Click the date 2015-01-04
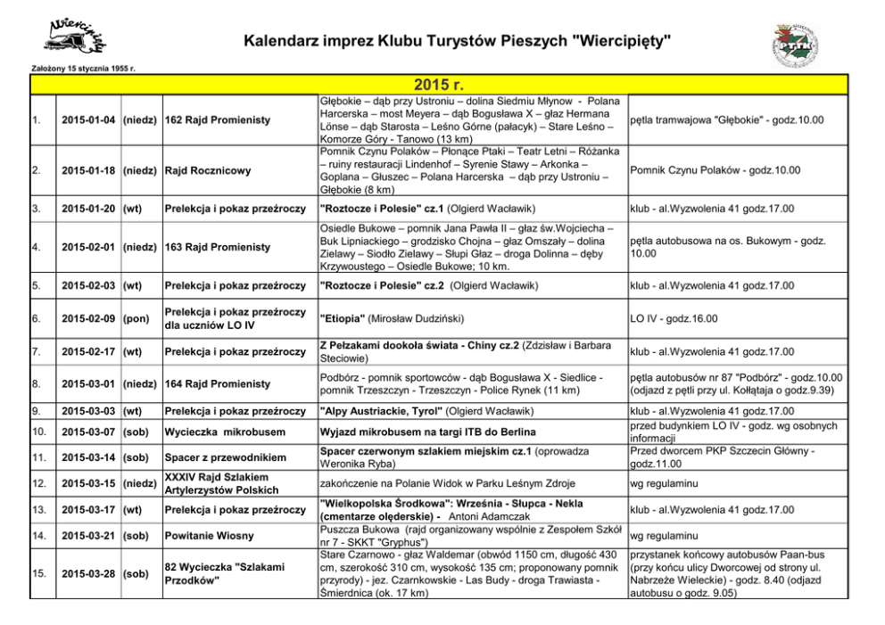click(x=87, y=120)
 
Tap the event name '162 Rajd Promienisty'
click(x=218, y=120)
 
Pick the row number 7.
click(x=35, y=351)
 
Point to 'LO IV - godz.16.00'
click(x=674, y=319)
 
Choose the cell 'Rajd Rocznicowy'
click(x=208, y=170)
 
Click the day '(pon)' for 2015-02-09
click(x=136, y=319)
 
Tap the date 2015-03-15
click(x=87, y=483)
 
